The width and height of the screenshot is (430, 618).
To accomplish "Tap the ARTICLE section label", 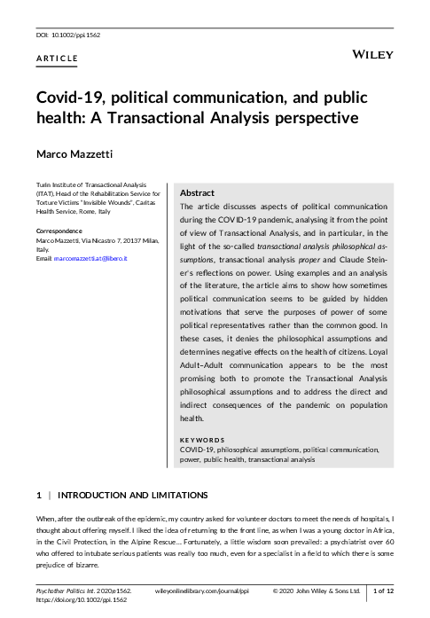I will (57, 59).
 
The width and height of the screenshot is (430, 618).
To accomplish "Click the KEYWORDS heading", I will (201, 440).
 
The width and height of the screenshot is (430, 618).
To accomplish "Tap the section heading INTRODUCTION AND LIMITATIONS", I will (133, 494).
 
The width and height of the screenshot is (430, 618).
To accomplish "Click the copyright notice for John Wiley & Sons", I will (317, 590).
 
